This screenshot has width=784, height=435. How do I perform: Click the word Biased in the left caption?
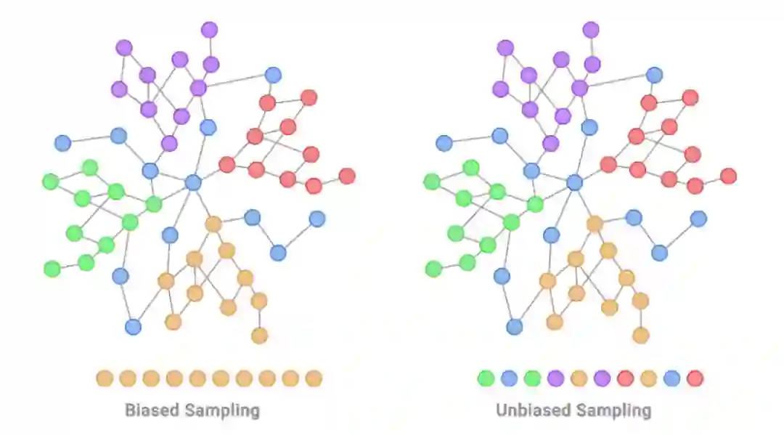tap(152, 410)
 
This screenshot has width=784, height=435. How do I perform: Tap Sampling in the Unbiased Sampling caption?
tap(613, 410)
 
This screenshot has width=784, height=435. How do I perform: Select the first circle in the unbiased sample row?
tap(486, 378)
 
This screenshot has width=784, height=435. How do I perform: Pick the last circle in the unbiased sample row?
tap(695, 378)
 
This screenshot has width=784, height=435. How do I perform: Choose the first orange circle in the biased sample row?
tap(105, 378)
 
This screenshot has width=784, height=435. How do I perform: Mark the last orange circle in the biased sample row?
tap(314, 378)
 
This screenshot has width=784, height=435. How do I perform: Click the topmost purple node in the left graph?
tap(209, 30)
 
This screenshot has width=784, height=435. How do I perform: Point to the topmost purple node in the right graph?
tap(591, 30)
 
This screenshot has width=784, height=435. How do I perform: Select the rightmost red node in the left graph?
tap(347, 176)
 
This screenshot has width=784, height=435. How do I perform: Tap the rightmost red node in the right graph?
tap(729, 176)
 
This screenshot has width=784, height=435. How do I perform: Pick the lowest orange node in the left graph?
tap(259, 336)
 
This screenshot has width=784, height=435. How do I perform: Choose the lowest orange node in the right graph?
tap(640, 336)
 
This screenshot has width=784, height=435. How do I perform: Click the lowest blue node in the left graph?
tap(133, 327)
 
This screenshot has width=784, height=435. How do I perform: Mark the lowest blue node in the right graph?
tap(515, 327)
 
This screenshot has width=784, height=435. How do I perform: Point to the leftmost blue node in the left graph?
tap(62, 143)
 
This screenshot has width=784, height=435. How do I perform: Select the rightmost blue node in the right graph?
tap(698, 219)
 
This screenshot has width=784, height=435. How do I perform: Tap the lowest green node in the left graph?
tap(52, 269)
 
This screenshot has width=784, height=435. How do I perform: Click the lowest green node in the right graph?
tap(433, 269)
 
